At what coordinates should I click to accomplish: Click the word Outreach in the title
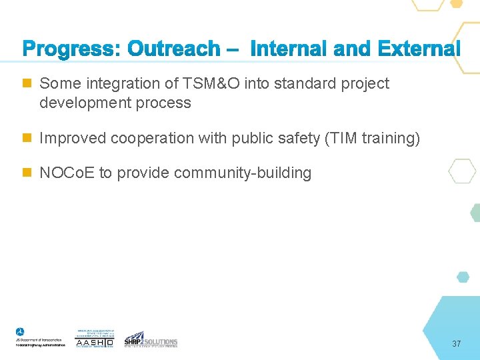pyautogui.click(x=173, y=49)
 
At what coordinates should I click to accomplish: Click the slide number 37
pyautogui.click(x=456, y=344)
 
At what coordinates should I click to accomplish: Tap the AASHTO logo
pyautogui.click(x=95, y=339)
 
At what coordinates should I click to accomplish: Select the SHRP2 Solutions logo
pyautogui.click(x=151, y=339)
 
